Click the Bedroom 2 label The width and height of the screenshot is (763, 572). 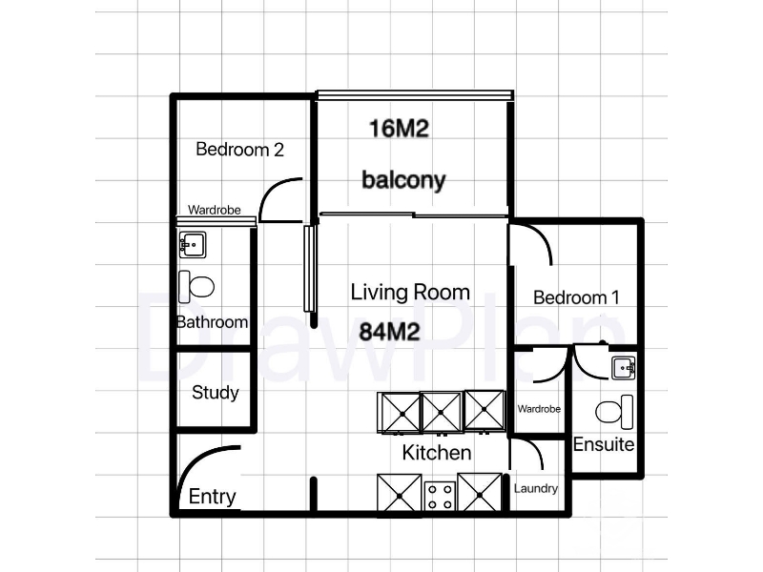click(x=239, y=149)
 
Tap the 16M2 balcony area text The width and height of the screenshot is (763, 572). click(x=399, y=129)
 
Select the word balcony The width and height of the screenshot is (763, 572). click(x=403, y=180)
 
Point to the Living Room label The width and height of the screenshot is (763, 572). click(x=410, y=292)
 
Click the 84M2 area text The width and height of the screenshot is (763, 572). click(x=389, y=332)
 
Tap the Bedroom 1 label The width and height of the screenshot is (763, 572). click(x=576, y=297)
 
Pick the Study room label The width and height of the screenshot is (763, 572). click(x=216, y=393)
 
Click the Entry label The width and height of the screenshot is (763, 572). click(x=212, y=497)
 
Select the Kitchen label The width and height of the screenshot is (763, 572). click(x=437, y=452)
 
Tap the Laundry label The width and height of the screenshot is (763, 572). click(x=536, y=488)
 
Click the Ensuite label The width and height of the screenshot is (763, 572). click(x=604, y=444)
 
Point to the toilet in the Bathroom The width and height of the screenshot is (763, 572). click(x=196, y=287)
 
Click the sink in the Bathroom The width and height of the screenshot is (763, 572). click(x=193, y=245)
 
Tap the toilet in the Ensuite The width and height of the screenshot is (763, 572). click(x=614, y=412)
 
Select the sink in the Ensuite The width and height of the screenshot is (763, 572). click(x=624, y=368)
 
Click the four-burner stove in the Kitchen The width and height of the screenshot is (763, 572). click(x=440, y=496)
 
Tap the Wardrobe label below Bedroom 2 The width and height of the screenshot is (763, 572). click(x=214, y=210)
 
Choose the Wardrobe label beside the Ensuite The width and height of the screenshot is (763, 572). click(x=539, y=409)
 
